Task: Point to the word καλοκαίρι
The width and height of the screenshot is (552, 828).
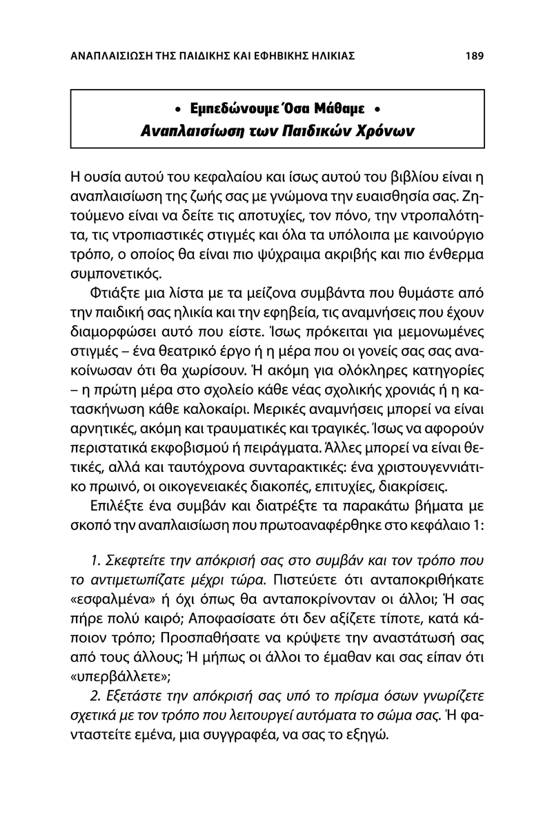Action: pos(250,422)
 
